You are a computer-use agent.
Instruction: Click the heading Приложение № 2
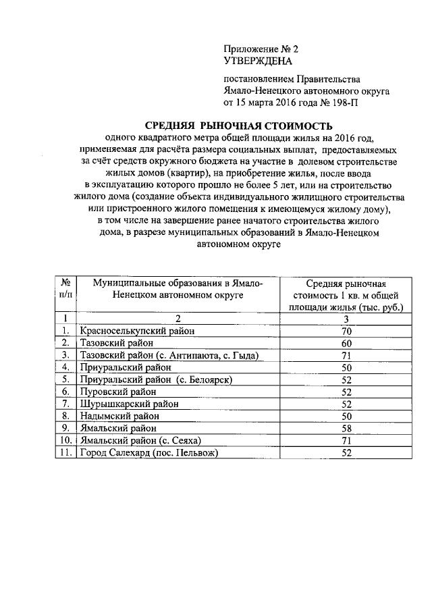(x=260, y=49)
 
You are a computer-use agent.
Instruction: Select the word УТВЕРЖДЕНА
(x=257, y=61)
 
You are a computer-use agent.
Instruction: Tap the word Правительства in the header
(x=328, y=80)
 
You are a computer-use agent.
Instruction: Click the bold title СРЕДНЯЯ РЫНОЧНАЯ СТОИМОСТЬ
(x=239, y=126)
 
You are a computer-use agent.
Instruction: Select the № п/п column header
(x=65, y=289)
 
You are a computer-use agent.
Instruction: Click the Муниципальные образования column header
(x=178, y=289)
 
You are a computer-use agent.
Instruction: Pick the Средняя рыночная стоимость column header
(x=346, y=295)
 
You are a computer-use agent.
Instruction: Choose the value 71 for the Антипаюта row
(x=346, y=355)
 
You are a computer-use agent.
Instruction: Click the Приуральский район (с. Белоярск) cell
(x=157, y=379)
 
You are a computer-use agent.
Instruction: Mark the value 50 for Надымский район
(x=346, y=416)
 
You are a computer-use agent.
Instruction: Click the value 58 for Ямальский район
(x=346, y=428)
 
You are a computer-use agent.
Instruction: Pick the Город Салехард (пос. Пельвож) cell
(x=150, y=452)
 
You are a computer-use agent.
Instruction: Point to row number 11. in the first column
(x=65, y=452)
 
